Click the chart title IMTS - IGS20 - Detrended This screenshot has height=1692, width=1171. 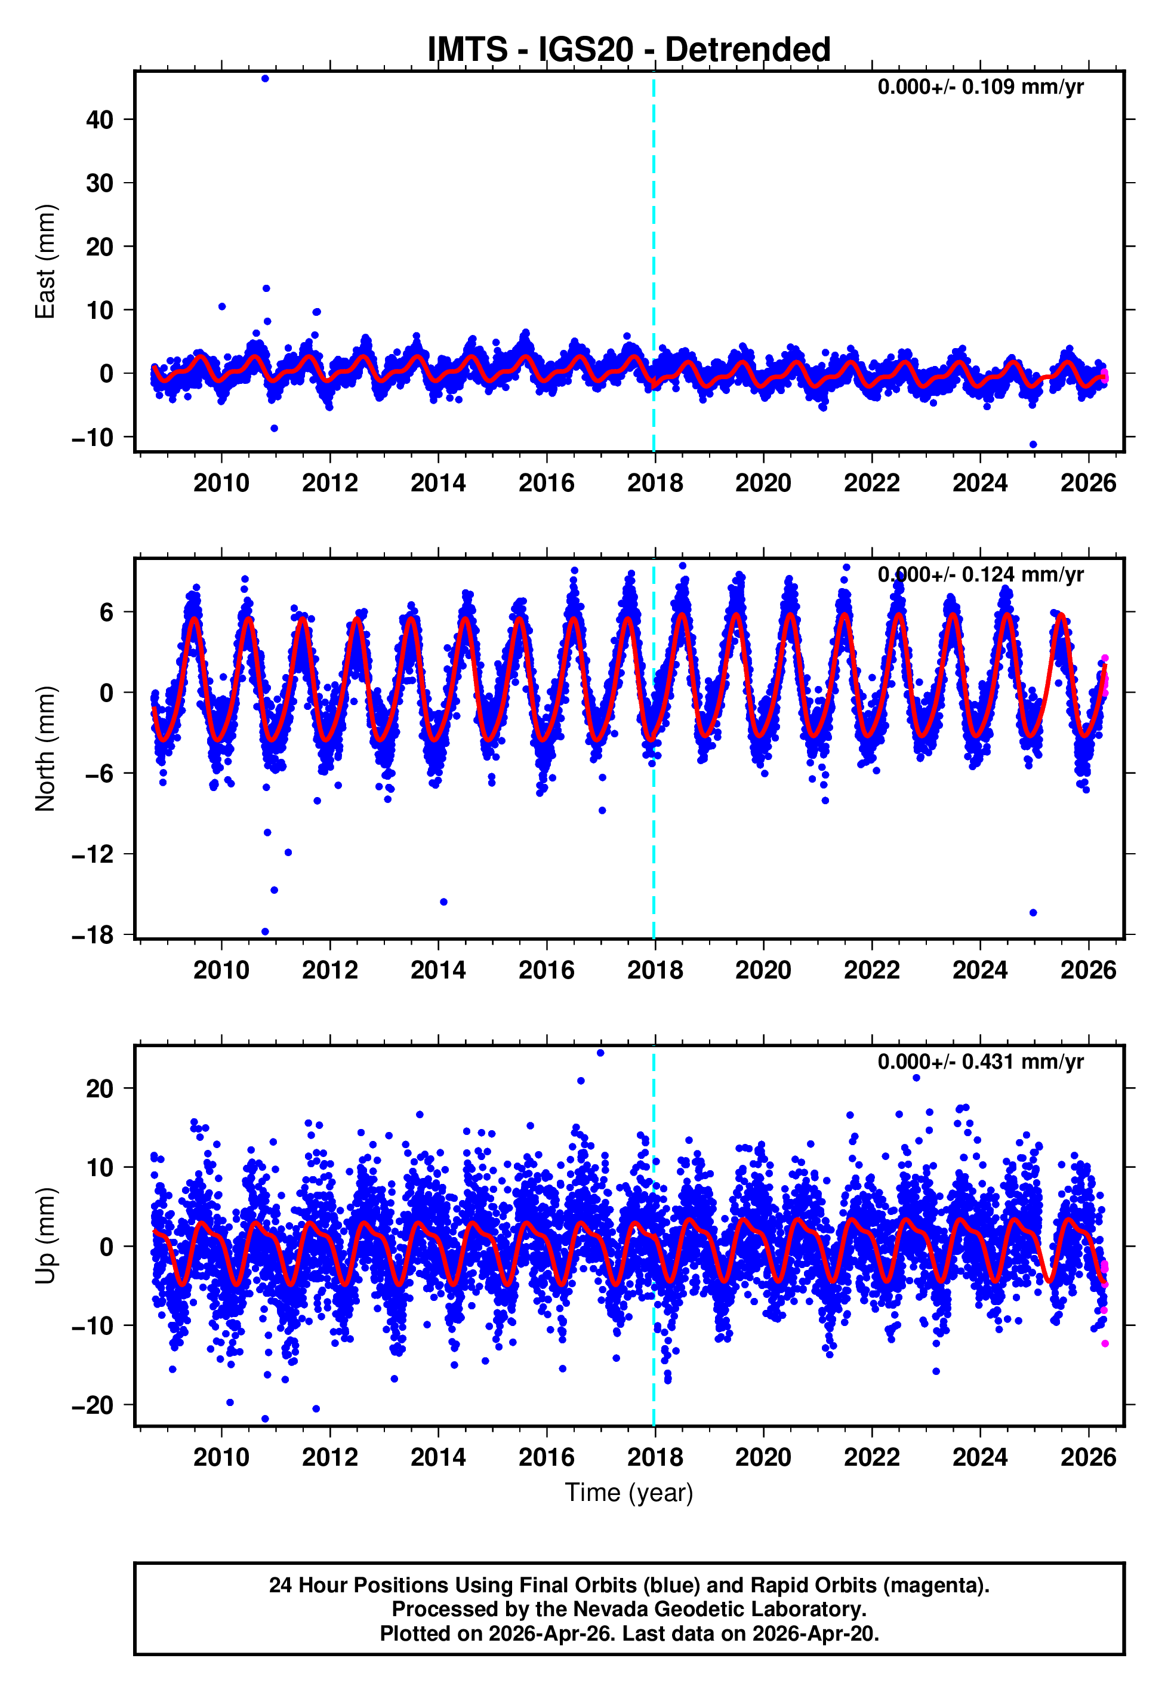[629, 50]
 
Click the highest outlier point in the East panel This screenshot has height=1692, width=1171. [265, 78]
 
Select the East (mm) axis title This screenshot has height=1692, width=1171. [45, 262]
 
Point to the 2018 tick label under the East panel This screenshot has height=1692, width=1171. [655, 483]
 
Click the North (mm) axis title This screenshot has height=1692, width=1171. [45, 749]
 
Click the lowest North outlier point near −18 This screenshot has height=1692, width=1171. [265, 932]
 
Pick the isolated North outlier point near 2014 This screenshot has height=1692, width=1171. [443, 902]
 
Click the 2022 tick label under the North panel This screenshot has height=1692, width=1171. [871, 970]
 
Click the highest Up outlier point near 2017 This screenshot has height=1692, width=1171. [600, 1053]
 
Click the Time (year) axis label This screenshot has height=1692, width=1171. [629, 1493]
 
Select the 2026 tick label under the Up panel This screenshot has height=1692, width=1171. [1087, 1457]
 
